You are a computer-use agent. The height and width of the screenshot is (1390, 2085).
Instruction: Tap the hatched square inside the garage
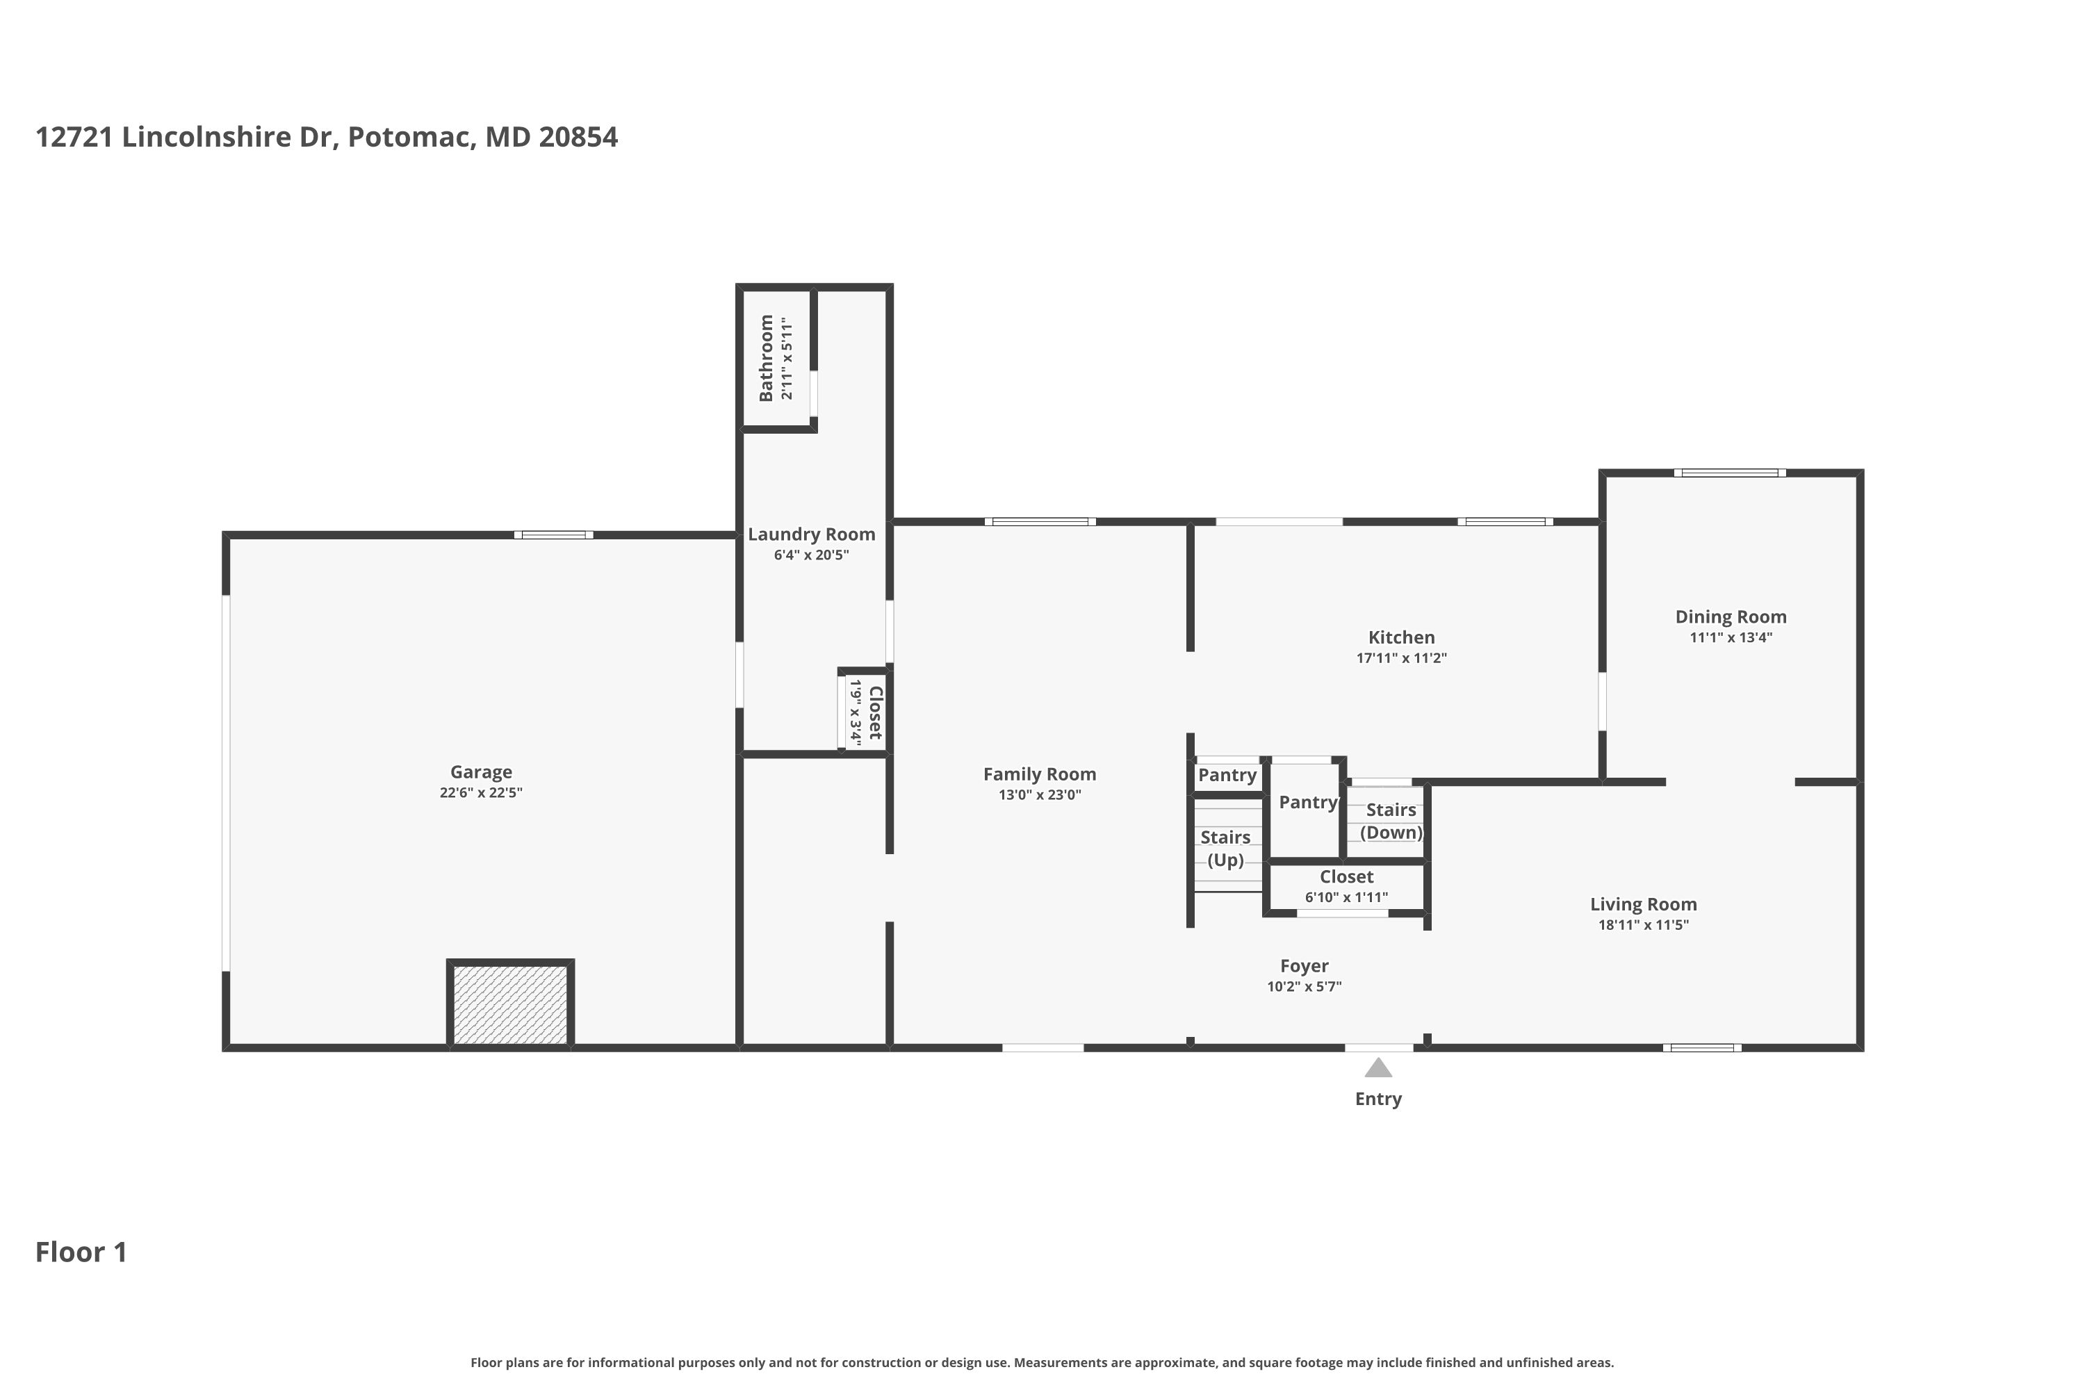pos(509,1004)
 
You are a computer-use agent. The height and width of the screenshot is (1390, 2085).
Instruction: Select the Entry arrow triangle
pos(1377,1068)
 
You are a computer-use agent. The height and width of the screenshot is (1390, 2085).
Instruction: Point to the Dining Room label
pos(1730,617)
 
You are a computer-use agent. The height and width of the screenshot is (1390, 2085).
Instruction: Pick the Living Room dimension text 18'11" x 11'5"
pos(1643,924)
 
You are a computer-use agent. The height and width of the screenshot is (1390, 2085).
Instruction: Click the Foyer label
pos(1303,966)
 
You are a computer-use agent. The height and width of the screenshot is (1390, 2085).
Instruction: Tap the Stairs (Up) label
pos(1225,849)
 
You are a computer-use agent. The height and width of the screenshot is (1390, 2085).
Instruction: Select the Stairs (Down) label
pos(1390,821)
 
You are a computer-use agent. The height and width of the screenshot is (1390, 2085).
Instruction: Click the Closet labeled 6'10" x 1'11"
pos(1346,885)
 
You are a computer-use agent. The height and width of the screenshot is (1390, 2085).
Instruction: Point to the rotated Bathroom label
pos(766,357)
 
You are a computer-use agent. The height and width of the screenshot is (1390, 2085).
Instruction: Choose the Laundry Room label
pos(811,534)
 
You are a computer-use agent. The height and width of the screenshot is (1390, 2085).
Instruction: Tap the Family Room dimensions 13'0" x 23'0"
pos(1039,795)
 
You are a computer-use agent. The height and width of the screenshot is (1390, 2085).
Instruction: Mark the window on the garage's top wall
pos(553,535)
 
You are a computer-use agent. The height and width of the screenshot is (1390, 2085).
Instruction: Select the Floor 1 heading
pos(81,1252)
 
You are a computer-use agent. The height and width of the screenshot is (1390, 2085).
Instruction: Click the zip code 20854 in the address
pos(578,138)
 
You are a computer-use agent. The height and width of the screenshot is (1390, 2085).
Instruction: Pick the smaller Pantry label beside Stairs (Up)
pos(1227,776)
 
